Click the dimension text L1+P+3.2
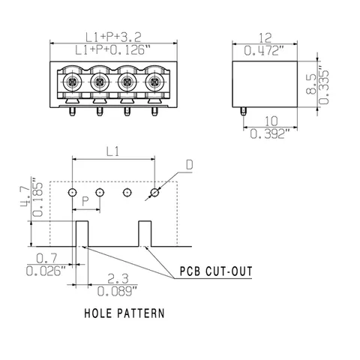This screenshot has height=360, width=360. coord(113,37)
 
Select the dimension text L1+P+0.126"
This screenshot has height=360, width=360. coord(114,50)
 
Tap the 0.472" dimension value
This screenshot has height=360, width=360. coord(264,51)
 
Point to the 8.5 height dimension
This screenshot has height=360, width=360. coord(311,84)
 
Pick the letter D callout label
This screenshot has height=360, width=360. coord(190,165)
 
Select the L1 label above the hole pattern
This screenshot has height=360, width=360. coord(112,151)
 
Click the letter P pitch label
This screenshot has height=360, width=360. coord(85,201)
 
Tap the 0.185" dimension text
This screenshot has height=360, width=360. coord(37,197)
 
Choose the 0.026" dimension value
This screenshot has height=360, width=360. coord(46,271)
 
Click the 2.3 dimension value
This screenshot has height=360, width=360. coord(118,278)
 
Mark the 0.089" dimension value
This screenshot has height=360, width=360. coord(117,291)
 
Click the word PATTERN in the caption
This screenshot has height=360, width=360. coord(141,313)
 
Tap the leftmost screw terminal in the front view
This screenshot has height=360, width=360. coord(72,82)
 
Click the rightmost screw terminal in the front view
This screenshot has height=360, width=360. coord(154,82)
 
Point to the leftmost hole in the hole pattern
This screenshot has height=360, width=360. coord(72,193)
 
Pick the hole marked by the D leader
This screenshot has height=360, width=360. coord(154,193)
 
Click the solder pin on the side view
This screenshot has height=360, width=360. coord(243,111)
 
